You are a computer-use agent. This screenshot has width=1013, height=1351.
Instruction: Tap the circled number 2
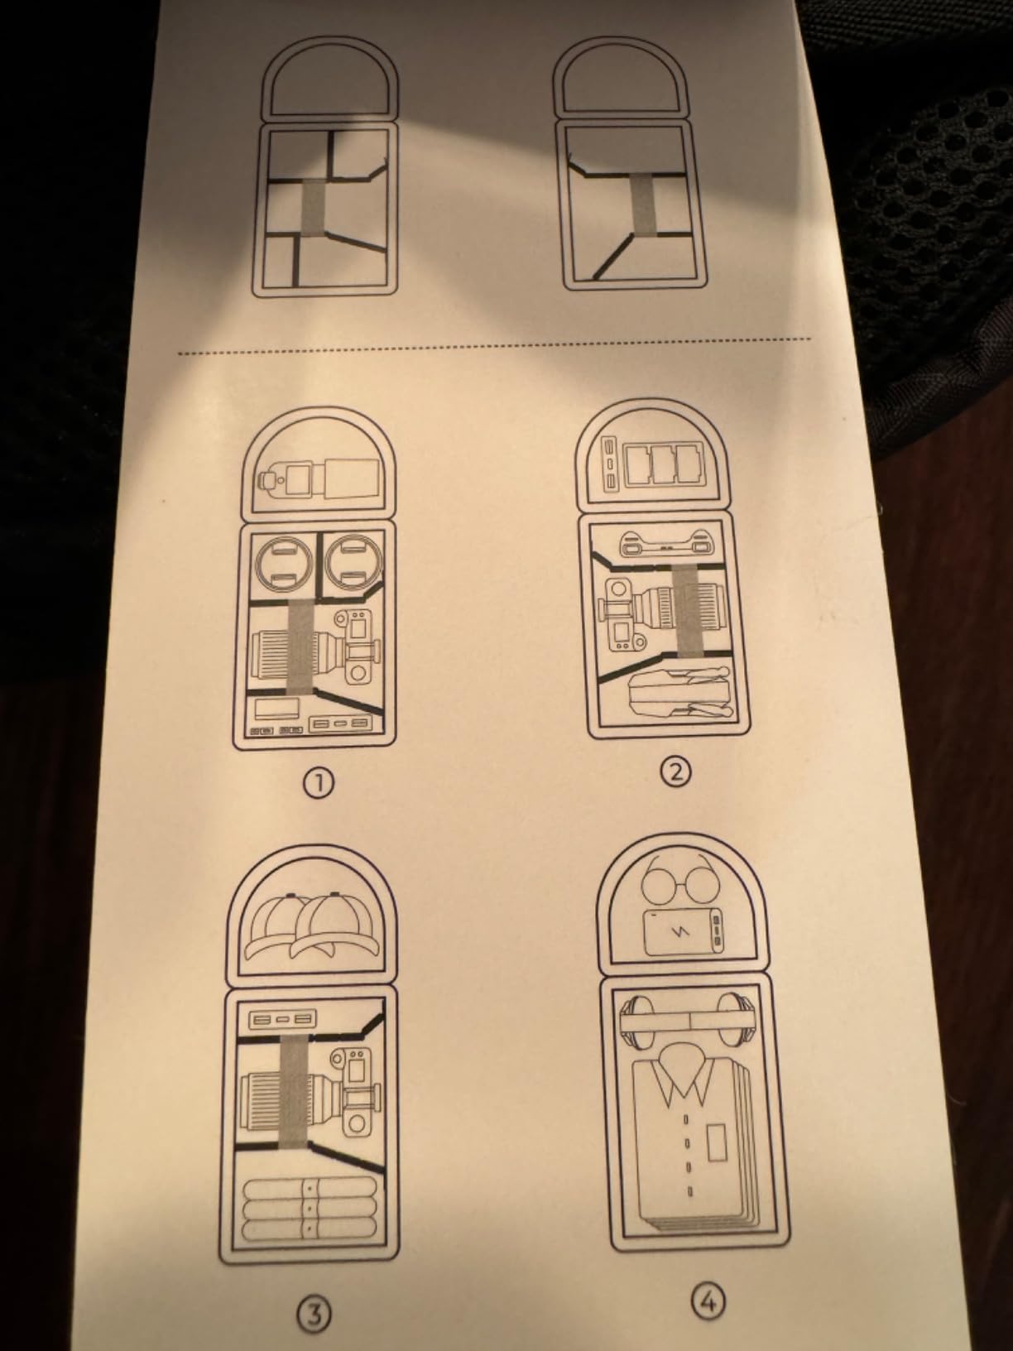(675, 772)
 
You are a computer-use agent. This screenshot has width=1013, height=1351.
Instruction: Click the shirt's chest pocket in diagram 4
(713, 1142)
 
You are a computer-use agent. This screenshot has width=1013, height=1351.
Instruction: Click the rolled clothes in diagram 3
(311, 1207)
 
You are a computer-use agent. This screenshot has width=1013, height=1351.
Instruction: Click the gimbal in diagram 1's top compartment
(319, 478)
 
